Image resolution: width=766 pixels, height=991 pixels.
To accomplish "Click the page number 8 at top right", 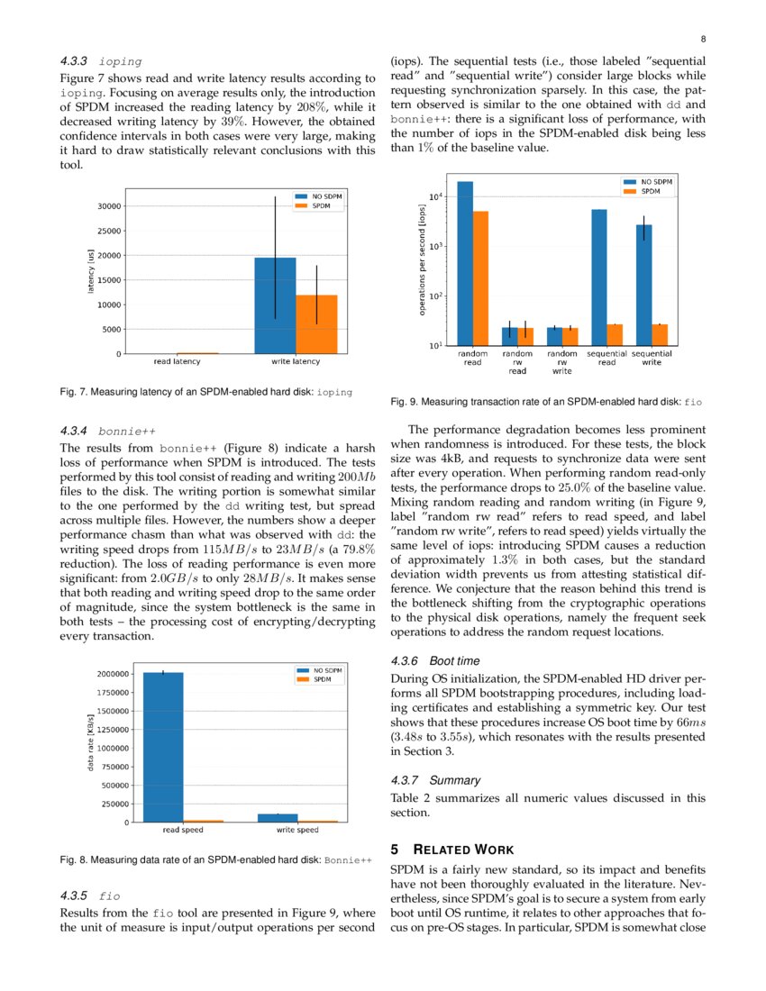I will pyautogui.click(x=702, y=39).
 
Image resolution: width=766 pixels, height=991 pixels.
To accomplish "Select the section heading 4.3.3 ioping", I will pyautogui.click(x=101, y=61).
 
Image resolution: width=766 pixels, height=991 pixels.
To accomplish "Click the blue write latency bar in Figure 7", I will pyautogui.click(x=275, y=305).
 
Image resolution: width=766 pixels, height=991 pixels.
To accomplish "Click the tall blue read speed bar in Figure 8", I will pyautogui.click(x=163, y=747).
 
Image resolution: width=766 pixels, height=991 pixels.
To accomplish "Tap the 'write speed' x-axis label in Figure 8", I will pyautogui.click(x=296, y=830).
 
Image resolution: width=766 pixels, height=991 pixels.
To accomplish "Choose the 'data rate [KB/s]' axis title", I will pyautogui.click(x=90, y=741).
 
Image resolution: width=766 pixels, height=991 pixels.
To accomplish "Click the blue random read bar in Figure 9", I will pyautogui.click(x=465, y=262).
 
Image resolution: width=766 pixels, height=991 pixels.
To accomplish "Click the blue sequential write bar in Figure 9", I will pyautogui.click(x=643, y=285).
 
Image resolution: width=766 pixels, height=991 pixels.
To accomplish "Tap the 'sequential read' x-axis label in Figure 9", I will pyautogui.click(x=606, y=359).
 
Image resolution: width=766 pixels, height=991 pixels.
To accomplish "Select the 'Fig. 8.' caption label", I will pyautogui.click(x=73, y=860).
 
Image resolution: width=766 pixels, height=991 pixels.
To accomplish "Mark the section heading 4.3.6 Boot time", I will pyautogui.click(x=434, y=660).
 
